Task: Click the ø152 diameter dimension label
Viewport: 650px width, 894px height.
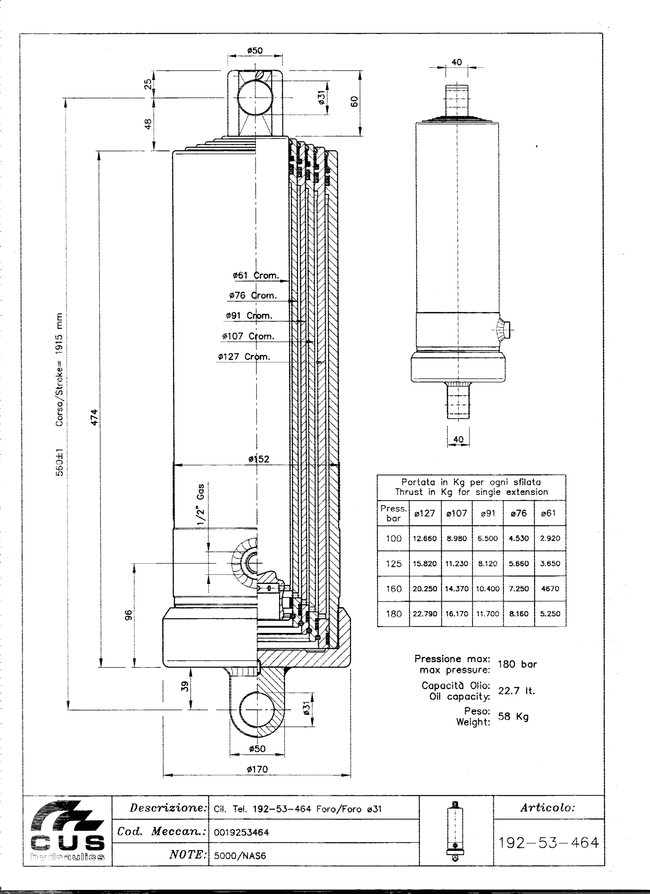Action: point(259,459)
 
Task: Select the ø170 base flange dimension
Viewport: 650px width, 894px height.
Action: point(257,769)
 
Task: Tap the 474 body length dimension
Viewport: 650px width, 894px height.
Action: point(94,417)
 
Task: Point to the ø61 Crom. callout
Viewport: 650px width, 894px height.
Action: point(256,275)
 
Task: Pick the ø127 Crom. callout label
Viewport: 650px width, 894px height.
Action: point(244,357)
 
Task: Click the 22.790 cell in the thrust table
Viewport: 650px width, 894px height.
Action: point(425,614)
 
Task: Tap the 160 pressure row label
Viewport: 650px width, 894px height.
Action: point(393,589)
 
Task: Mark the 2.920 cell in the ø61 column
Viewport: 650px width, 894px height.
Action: point(550,538)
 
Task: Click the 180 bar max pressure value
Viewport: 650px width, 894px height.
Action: point(517,664)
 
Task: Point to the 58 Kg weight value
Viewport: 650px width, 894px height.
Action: point(513,716)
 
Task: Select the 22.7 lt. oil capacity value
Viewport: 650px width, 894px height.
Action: point(516,691)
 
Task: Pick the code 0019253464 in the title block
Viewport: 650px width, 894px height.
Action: point(241,832)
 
